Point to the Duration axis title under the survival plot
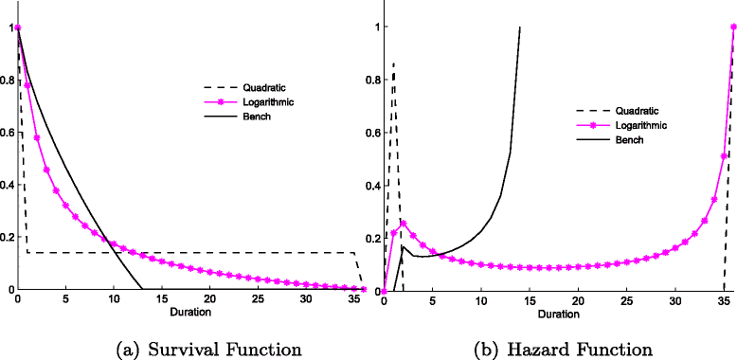190,311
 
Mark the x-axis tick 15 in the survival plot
162,299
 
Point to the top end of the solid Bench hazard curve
520,27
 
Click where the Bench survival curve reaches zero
142,289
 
